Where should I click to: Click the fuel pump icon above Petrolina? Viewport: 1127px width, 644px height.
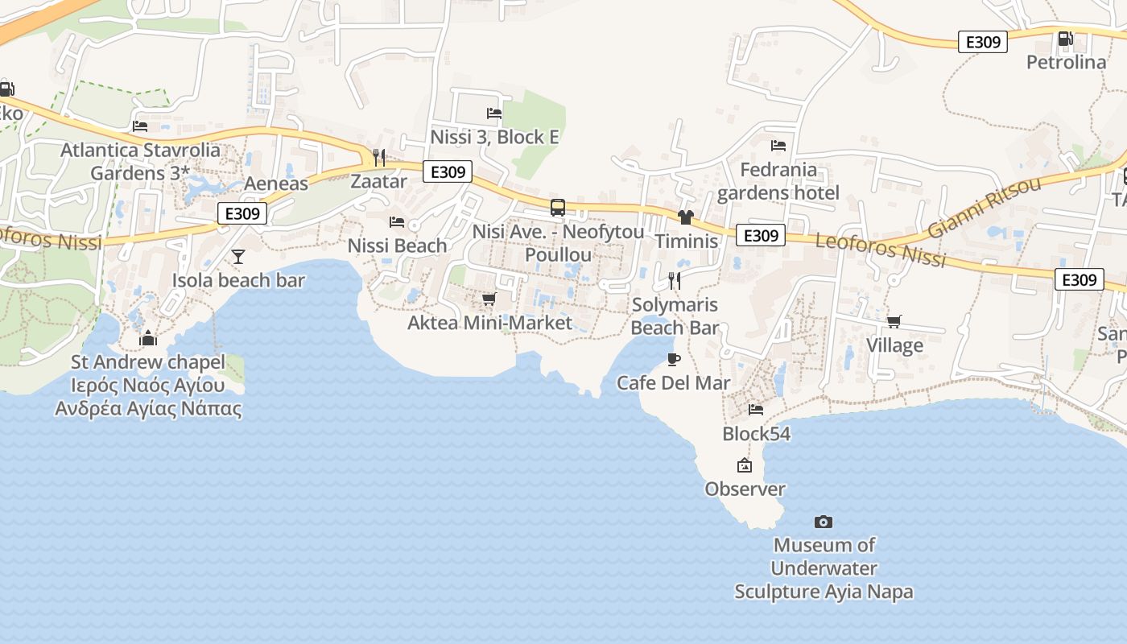click(1065, 38)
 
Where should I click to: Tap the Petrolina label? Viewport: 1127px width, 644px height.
click(1066, 62)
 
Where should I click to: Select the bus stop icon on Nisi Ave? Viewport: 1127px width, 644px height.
click(557, 208)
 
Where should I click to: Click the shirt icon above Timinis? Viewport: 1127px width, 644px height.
click(685, 217)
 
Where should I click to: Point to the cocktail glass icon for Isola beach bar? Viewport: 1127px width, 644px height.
click(238, 257)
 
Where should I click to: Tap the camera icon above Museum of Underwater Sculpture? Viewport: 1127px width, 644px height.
click(823, 522)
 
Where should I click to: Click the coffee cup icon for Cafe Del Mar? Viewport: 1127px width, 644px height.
click(673, 359)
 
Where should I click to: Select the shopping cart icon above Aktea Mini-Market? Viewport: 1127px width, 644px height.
click(488, 299)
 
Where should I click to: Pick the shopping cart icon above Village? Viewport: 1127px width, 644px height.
click(894, 322)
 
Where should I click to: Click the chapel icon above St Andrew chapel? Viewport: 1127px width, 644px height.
click(148, 338)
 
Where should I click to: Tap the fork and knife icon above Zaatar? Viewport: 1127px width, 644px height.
click(379, 157)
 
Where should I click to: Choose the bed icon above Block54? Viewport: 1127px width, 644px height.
click(756, 410)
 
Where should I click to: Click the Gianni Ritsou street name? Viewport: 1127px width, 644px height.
click(984, 207)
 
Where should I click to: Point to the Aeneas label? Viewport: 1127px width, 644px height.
click(276, 184)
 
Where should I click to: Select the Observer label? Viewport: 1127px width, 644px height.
click(745, 489)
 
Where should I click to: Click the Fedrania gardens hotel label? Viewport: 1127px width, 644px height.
click(778, 181)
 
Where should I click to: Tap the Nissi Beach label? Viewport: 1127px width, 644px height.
click(397, 246)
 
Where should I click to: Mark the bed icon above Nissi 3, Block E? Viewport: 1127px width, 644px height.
click(494, 114)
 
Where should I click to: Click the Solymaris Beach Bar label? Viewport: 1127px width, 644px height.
click(675, 316)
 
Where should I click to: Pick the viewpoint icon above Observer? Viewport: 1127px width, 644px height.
click(744, 465)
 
